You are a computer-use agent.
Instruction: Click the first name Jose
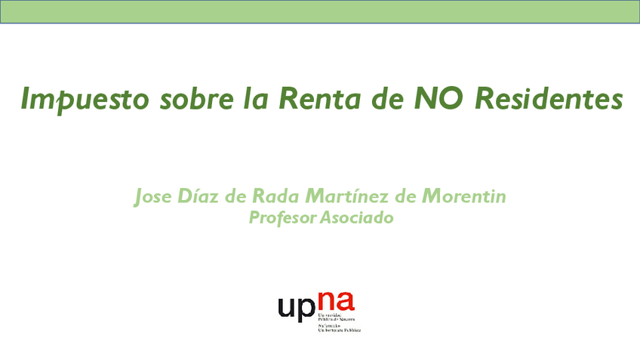151,197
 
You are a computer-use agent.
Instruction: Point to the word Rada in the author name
277,197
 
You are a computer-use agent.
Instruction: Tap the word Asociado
358,219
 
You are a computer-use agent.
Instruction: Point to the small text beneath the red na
340,324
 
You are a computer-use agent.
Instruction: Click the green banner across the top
320,12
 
